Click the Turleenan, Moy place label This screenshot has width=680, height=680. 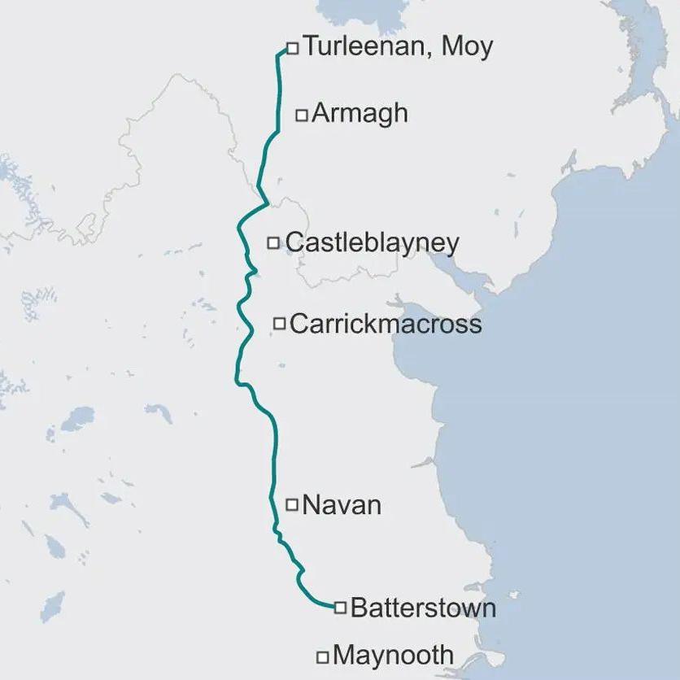click(398, 47)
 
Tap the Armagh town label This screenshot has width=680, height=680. click(360, 113)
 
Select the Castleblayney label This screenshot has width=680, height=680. click(373, 242)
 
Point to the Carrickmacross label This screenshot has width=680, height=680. click(386, 324)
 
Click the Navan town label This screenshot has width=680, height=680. click(342, 505)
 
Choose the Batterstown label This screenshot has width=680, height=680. click(423, 608)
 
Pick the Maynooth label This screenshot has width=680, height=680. click(394, 655)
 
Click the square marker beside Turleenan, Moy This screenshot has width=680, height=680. click(293, 49)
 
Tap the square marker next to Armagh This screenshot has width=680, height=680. click(301, 116)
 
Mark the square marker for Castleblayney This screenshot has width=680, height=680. click(273, 242)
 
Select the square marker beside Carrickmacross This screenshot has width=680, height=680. click(279, 324)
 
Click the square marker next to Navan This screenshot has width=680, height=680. click(292, 504)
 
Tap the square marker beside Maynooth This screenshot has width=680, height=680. click(323, 656)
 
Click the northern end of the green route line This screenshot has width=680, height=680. click(286, 50)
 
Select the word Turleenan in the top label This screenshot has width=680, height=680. click(367, 46)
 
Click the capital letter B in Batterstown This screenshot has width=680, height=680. click(357, 608)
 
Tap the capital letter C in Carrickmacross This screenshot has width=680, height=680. click(297, 324)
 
